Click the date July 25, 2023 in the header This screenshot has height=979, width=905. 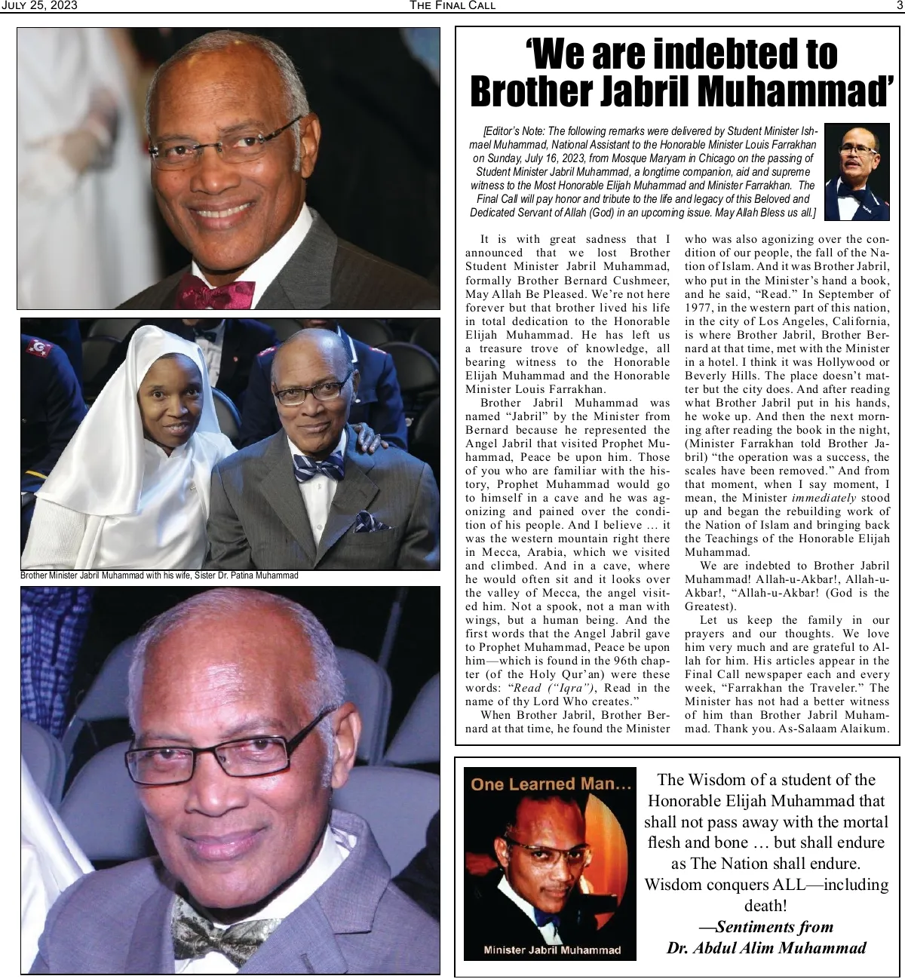coord(39,6)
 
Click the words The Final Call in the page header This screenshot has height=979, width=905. coord(452,6)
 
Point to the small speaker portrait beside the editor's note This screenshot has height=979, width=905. coord(857,172)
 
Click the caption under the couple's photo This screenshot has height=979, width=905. coord(160,576)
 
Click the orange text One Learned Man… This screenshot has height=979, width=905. coord(551,784)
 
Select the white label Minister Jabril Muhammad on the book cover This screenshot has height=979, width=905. coord(551,950)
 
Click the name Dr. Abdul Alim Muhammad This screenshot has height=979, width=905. coord(766,948)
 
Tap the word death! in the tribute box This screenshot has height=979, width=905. coord(765,905)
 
